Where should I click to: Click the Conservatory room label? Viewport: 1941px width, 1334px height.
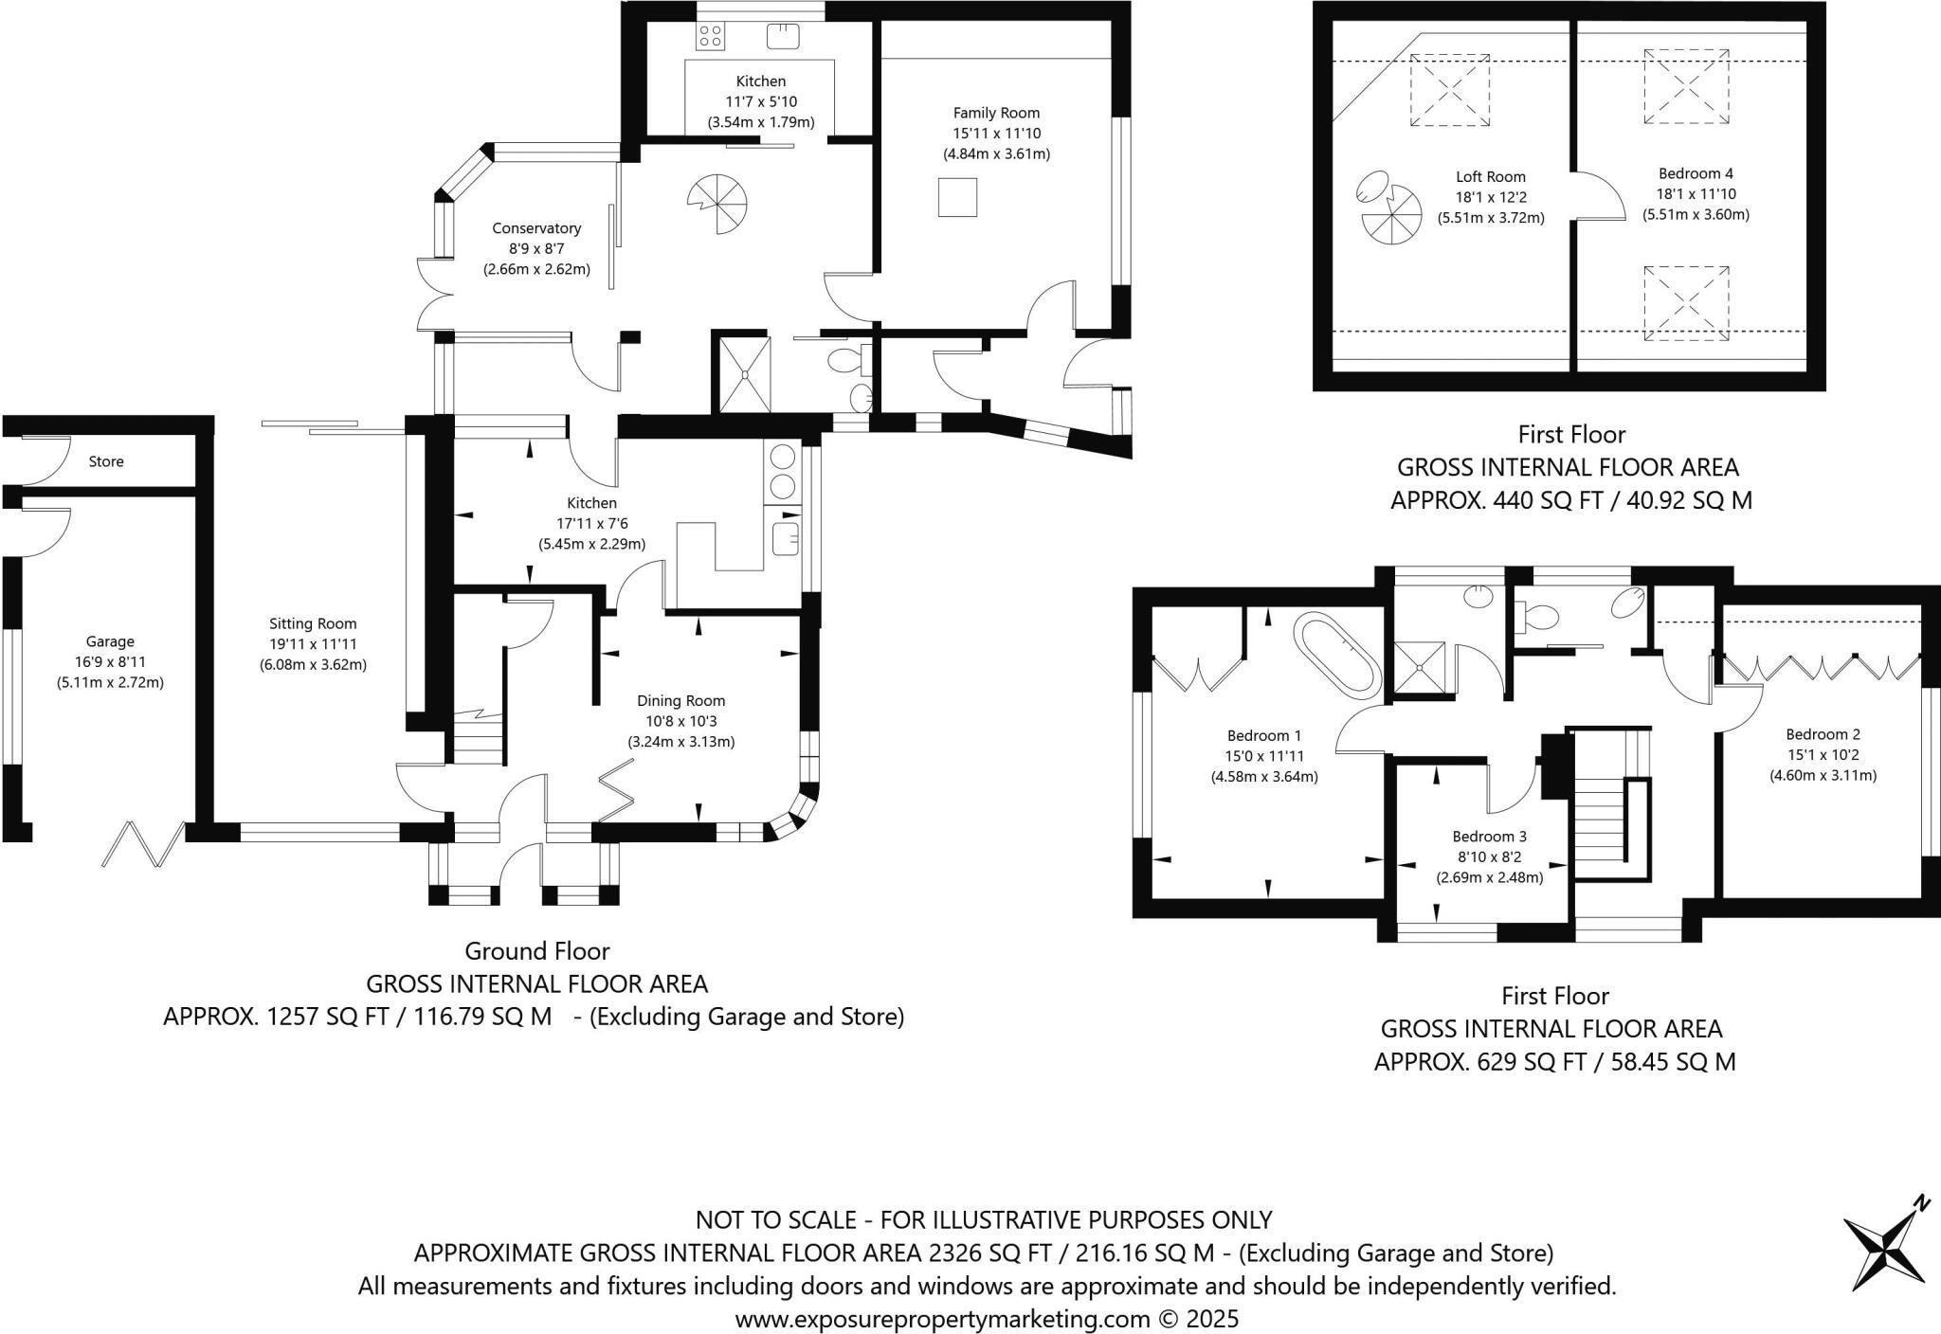536,228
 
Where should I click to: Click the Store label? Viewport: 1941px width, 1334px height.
106,461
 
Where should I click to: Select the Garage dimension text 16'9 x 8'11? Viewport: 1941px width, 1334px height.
110,662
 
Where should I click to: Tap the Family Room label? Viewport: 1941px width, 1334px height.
996,113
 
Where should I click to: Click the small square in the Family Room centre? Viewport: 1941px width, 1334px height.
957,197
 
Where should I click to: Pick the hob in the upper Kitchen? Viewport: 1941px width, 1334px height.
710,37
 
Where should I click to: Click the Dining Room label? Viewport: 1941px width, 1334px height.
680,701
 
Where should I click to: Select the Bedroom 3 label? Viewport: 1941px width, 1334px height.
1489,837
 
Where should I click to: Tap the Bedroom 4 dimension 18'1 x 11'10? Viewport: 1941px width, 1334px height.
1696,194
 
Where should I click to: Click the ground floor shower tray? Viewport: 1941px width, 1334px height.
745,375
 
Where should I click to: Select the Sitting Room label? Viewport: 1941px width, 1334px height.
313,623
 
